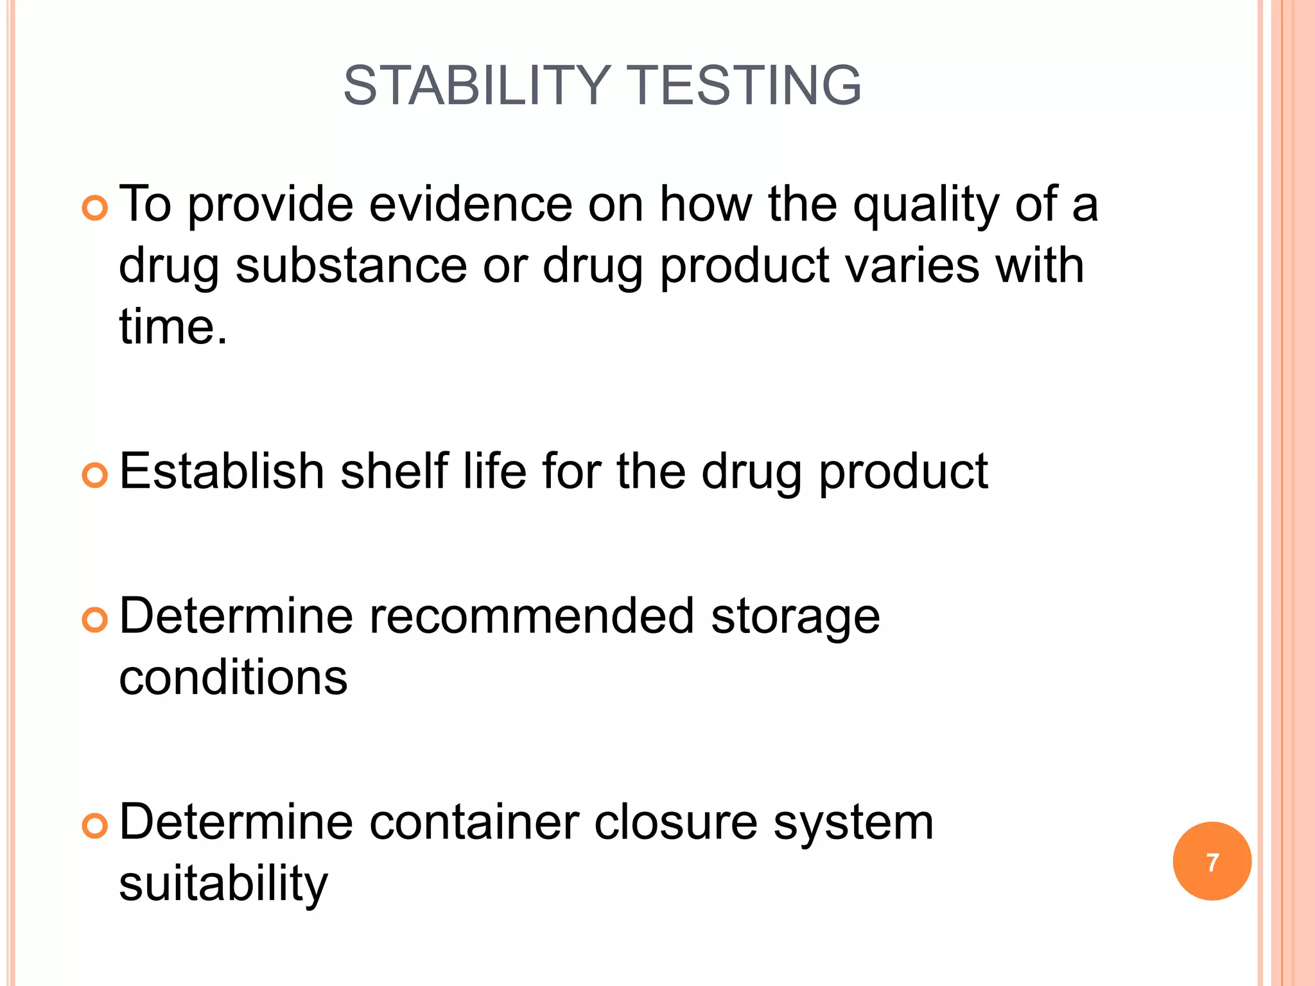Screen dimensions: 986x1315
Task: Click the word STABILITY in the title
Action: [476, 85]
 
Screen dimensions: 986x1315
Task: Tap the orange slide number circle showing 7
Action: [1212, 861]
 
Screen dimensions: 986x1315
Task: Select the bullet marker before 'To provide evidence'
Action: [95, 209]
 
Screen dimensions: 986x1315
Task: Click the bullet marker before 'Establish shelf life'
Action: [95, 476]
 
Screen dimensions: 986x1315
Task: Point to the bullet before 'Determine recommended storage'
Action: [95, 620]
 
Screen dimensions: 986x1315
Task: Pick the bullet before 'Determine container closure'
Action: [95, 826]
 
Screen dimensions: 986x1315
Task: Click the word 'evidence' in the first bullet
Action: [471, 204]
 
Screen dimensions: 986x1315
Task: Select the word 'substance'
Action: [351, 266]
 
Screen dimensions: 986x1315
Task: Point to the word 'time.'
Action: [173, 327]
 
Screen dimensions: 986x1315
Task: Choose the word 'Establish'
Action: [222, 471]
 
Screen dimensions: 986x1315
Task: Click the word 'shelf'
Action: [393, 471]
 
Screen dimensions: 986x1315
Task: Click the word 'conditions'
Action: [233, 677]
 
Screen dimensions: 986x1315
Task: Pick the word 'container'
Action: [474, 822]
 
